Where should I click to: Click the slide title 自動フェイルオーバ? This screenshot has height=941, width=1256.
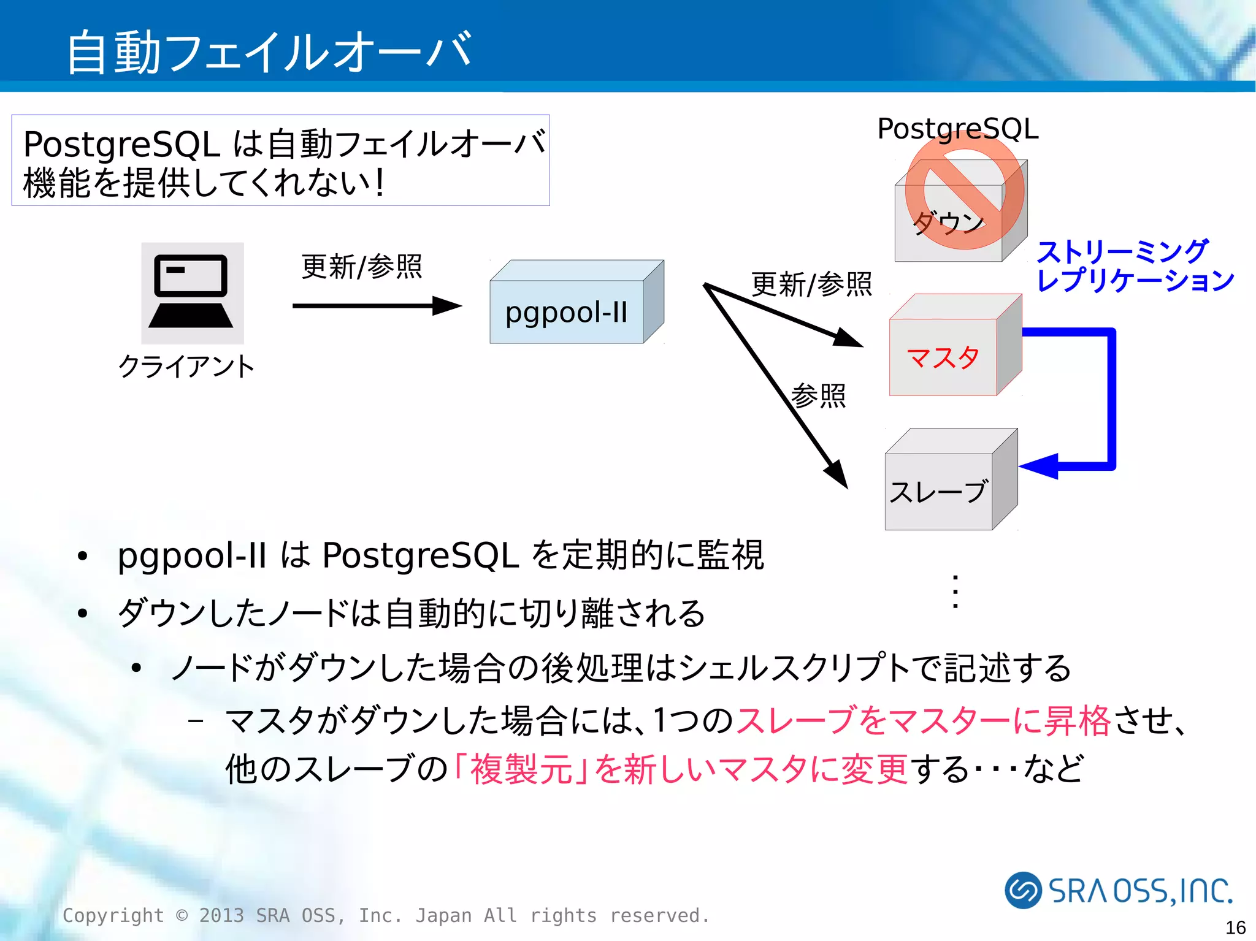tap(270, 52)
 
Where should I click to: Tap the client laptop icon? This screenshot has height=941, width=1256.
tap(192, 293)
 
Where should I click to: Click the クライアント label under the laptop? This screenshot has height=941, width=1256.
tap(186, 367)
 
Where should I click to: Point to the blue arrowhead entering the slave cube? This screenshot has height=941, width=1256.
tap(1040, 465)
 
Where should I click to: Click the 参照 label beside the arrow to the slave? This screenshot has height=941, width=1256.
tap(819, 395)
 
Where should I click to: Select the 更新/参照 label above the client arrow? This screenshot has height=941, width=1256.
tap(362, 267)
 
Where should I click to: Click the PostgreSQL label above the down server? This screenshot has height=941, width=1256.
tap(958, 129)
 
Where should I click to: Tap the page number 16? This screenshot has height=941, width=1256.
tap(1235, 927)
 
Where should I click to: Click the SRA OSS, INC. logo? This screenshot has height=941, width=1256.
tap(1119, 890)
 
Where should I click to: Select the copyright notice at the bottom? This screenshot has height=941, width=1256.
tap(386, 915)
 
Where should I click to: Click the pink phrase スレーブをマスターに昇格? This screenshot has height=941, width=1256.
tap(923, 720)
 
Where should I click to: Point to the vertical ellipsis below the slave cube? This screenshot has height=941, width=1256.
tap(955, 592)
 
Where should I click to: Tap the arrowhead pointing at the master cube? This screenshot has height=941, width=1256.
tap(849, 338)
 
